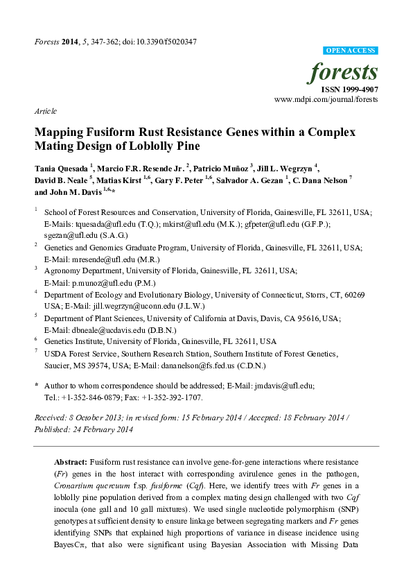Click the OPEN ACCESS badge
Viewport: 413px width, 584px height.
point(351,51)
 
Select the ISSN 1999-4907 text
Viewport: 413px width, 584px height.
point(349,89)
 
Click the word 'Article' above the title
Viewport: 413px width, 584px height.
point(45,111)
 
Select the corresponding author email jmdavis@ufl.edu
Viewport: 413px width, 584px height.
point(283,385)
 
